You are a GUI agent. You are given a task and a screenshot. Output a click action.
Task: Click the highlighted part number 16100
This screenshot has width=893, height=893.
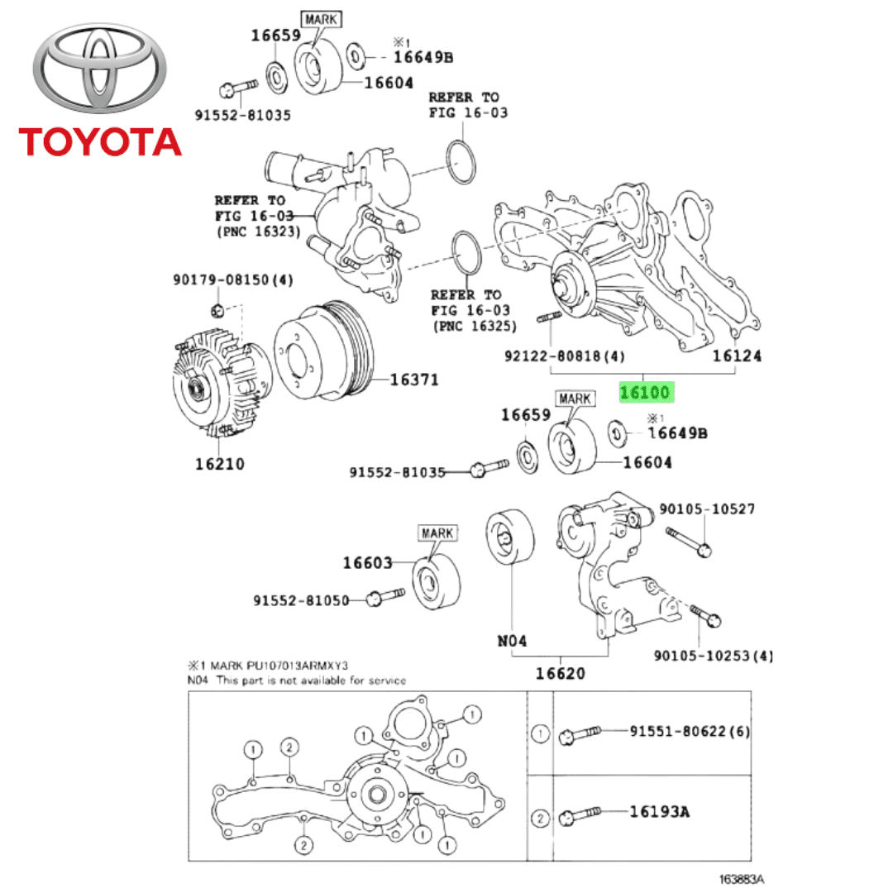647,392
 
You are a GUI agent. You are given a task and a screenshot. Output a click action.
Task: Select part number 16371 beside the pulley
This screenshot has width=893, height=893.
414,380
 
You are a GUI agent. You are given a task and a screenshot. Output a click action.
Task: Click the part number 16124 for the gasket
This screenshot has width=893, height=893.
737,356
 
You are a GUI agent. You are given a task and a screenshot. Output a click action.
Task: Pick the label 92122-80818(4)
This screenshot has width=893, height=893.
565,356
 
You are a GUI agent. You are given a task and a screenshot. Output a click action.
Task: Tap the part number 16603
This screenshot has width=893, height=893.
368,563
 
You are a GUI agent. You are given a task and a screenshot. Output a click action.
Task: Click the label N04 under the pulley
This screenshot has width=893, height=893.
513,640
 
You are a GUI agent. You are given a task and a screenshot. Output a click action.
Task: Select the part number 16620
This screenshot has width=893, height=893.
560,673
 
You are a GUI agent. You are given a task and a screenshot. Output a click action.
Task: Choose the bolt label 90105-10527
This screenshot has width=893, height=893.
706,509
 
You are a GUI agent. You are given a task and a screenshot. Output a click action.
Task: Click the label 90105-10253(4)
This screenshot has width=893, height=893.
714,656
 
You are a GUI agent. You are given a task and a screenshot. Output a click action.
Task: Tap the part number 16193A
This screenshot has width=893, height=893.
659,812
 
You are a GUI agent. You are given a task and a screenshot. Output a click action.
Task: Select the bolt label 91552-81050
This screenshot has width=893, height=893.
301,600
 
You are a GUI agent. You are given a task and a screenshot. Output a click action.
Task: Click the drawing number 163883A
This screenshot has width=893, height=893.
741,880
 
